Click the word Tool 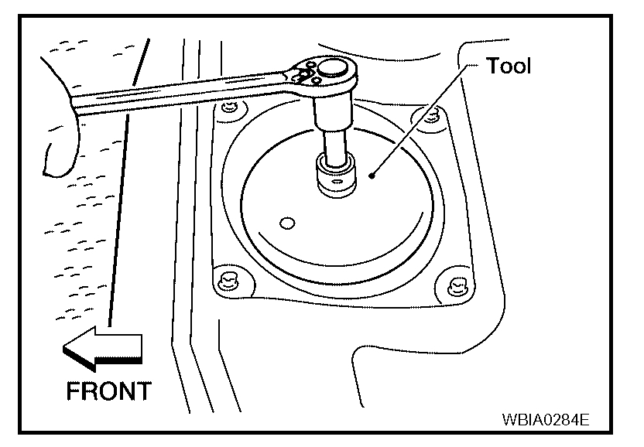pyautogui.click(x=509, y=67)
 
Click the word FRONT pyautogui.click(x=108, y=391)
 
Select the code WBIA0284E pyautogui.click(x=546, y=421)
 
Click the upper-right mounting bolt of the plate pyautogui.click(x=431, y=118)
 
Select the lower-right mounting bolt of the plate pyautogui.click(x=454, y=283)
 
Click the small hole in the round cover pyautogui.click(x=288, y=223)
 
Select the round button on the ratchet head pyautogui.click(x=333, y=70)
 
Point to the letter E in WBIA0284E pyautogui.click(x=584, y=421)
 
